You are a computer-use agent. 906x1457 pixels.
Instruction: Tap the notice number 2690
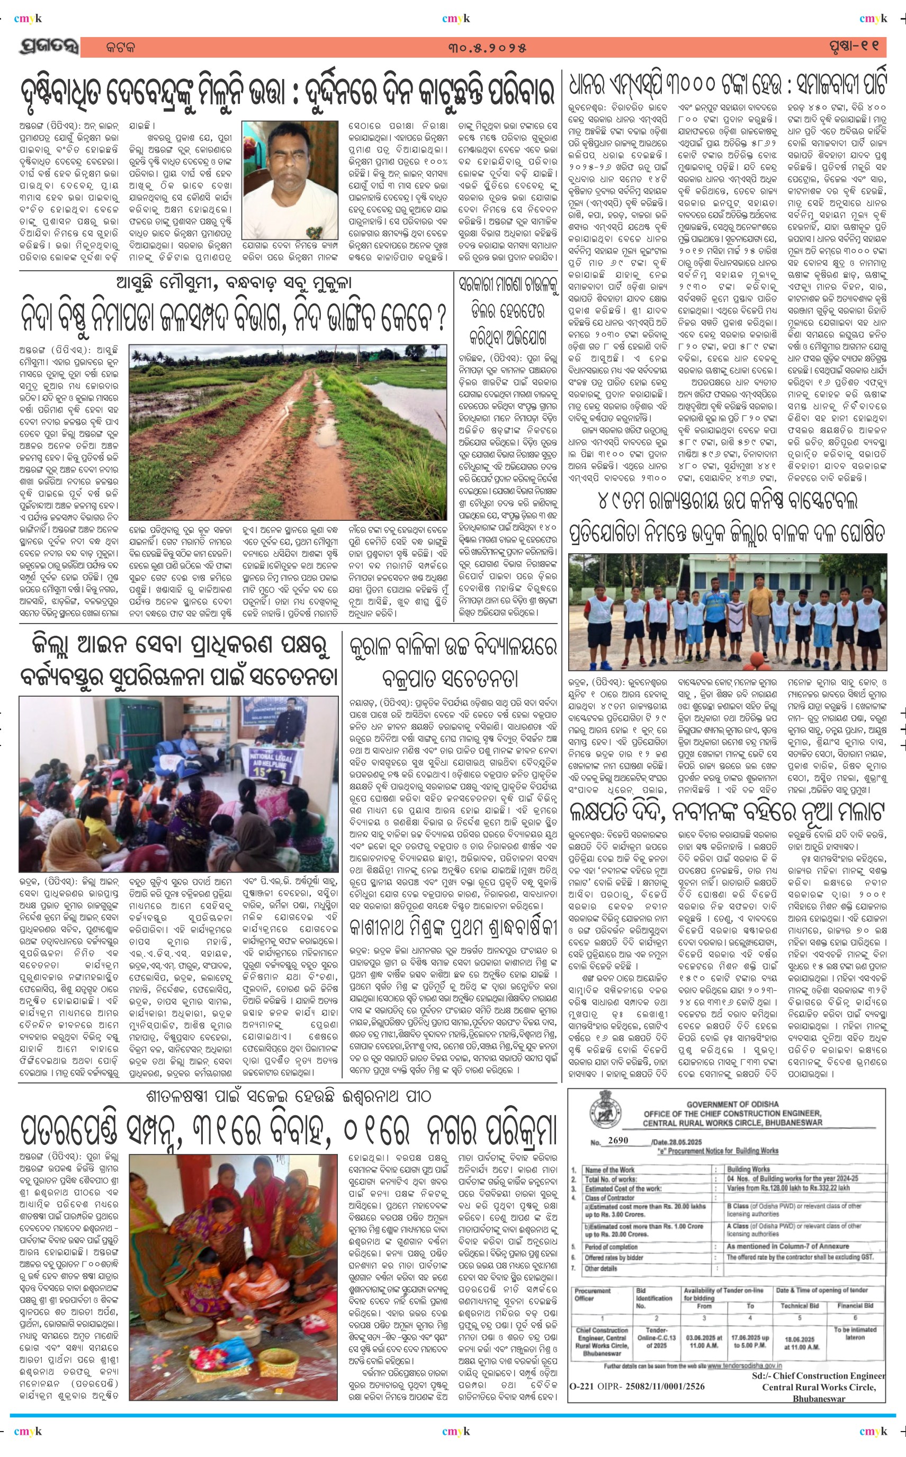618,1141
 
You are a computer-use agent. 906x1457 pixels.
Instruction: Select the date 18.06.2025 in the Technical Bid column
800,1338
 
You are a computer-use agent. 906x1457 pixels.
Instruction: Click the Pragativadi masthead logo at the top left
49,47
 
